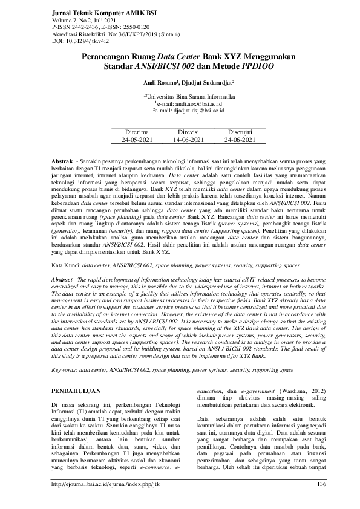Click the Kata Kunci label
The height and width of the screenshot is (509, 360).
(x=65, y=265)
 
